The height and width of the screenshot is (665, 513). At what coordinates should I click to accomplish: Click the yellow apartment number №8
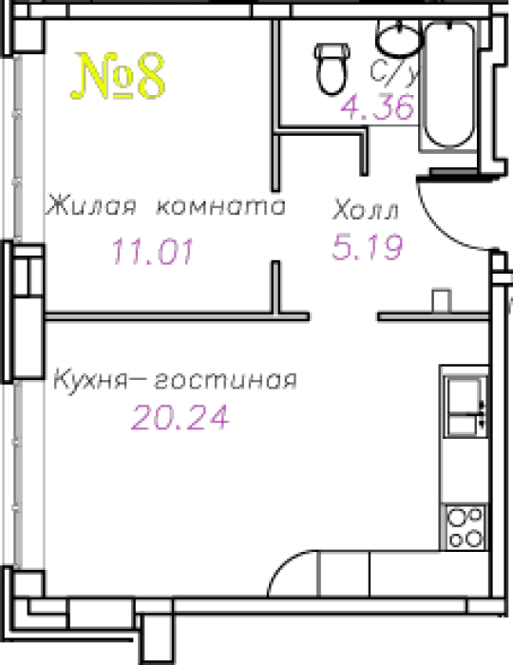pyautogui.click(x=118, y=76)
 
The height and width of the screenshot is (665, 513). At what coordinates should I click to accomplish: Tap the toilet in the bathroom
pyautogui.click(x=332, y=68)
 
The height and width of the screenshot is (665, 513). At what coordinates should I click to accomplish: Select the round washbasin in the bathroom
pyautogui.click(x=399, y=38)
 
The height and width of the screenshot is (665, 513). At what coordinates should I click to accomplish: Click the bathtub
pyautogui.click(x=449, y=85)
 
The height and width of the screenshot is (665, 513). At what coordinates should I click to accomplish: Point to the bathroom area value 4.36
pyautogui.click(x=378, y=106)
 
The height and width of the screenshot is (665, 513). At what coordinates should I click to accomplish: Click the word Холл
pyautogui.click(x=366, y=210)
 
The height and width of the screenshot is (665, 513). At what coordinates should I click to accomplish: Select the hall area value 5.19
pyautogui.click(x=367, y=247)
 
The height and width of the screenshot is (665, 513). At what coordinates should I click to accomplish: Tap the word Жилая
pyautogui.click(x=91, y=206)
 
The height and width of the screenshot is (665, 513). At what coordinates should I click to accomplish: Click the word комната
pyautogui.click(x=221, y=207)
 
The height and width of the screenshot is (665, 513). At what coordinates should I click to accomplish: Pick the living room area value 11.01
pyautogui.click(x=153, y=251)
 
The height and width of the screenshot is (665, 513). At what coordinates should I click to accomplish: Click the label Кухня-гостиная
pyautogui.click(x=175, y=380)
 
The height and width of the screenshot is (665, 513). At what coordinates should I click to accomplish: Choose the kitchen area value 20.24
pyautogui.click(x=180, y=417)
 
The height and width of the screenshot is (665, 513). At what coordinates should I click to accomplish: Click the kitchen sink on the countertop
pyautogui.click(x=465, y=408)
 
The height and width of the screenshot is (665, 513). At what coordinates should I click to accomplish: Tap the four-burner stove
pyautogui.click(x=465, y=527)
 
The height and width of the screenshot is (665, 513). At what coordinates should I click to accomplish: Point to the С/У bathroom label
pyautogui.click(x=394, y=71)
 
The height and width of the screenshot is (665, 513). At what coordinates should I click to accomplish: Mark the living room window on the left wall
pyautogui.click(x=17, y=148)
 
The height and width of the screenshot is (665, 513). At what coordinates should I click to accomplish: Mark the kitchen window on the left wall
pyautogui.click(x=17, y=474)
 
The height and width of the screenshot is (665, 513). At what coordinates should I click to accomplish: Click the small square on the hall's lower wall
pyautogui.click(x=441, y=301)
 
